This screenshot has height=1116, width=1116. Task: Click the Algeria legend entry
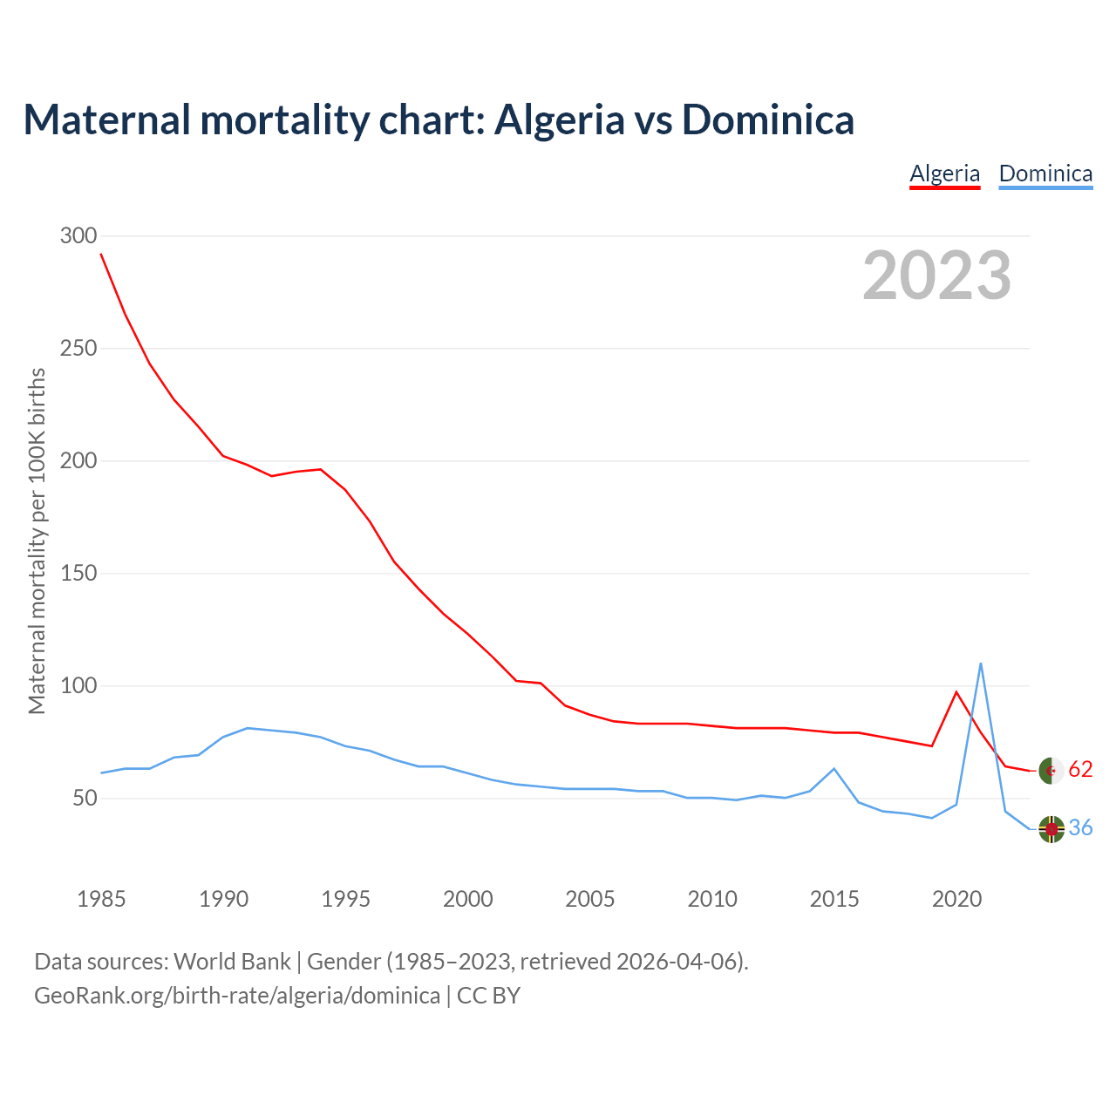point(944,174)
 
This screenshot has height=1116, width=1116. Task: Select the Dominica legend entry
point(1045,174)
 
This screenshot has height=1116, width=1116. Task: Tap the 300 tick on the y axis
point(78,235)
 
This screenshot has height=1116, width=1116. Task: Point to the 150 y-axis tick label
point(78,574)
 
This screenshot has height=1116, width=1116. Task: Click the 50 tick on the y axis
point(84,799)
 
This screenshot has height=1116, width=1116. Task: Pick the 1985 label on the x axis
point(101,899)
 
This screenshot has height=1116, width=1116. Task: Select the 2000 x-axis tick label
point(468,899)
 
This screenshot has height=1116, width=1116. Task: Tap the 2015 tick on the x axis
point(834,899)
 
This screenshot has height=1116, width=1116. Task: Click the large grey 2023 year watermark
point(936,276)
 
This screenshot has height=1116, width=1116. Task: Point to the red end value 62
point(1080,770)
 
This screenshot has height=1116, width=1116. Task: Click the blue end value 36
point(1080,828)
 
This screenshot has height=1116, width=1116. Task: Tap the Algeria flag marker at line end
point(1051,771)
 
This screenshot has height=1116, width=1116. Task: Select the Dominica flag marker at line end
point(1051,829)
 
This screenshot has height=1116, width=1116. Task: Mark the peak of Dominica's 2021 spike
point(981,663)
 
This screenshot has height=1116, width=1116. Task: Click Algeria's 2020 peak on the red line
point(956,691)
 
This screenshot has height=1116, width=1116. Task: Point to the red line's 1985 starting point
point(101,254)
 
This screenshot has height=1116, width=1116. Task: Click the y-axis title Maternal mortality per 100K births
point(37,541)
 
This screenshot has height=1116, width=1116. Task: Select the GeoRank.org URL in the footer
point(237,996)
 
